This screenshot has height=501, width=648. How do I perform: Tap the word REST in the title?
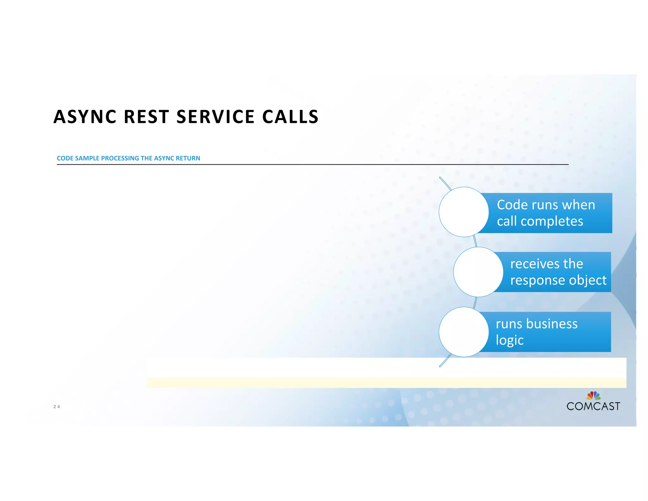point(146,117)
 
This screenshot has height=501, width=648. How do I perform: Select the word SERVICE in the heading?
point(215,117)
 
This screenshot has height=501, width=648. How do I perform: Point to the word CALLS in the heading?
point(290,117)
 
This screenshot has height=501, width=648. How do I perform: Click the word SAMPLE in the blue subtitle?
point(87,158)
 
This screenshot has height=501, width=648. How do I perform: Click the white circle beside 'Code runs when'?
point(464,212)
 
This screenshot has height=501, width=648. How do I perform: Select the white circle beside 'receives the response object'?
point(478,272)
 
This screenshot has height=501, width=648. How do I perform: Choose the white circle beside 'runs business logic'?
point(464,332)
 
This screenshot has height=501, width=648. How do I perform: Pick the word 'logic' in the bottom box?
point(509,340)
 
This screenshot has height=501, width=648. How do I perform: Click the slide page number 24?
point(57,407)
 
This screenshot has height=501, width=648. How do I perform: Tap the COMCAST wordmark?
point(593,406)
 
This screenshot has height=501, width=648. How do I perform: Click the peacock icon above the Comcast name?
point(593,396)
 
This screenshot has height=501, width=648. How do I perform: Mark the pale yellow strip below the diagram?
point(386,383)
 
